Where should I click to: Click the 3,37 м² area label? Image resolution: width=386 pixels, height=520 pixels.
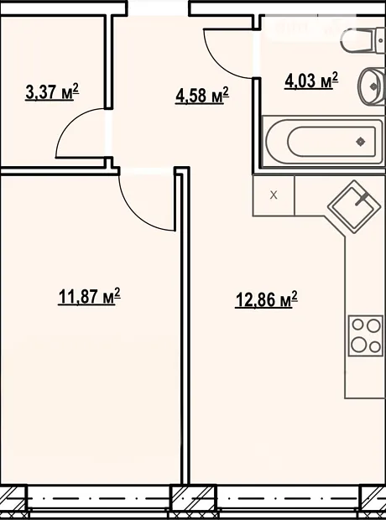[x=52, y=92]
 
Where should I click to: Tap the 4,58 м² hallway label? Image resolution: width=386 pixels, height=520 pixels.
[x=202, y=96]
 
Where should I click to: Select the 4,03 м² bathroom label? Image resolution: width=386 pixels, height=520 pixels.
[x=311, y=81]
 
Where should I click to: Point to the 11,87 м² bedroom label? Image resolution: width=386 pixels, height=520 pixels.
[x=89, y=296]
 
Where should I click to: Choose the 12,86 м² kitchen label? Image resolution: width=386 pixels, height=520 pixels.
[x=266, y=299]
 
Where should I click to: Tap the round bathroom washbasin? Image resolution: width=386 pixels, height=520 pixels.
[x=372, y=86]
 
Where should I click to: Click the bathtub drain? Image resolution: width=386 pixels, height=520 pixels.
[x=361, y=142]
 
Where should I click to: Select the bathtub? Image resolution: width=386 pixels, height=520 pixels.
[x=323, y=142]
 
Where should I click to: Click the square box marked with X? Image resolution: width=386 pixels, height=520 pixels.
[x=274, y=195]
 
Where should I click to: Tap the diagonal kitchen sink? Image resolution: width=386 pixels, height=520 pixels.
[x=354, y=206]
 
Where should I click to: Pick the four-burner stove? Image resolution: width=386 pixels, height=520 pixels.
[x=367, y=335]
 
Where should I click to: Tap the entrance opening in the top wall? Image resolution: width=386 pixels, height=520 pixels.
[x=158, y=8]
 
